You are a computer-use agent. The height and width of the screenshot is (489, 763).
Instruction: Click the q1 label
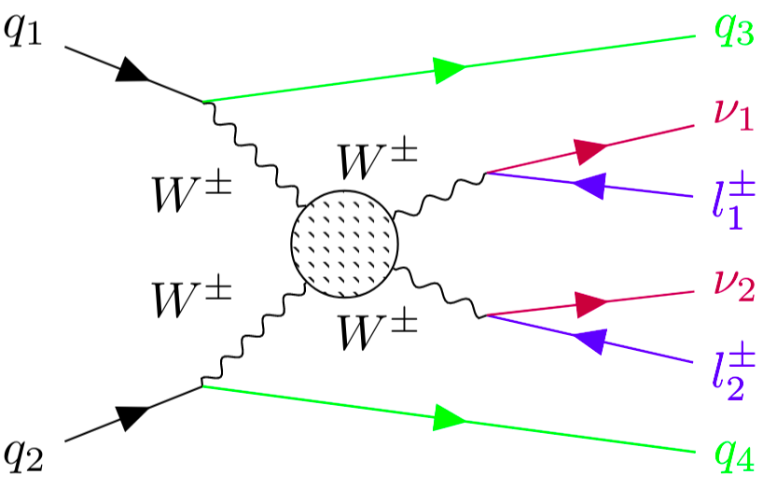tap(27, 38)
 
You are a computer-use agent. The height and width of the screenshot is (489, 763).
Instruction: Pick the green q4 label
tap(734, 454)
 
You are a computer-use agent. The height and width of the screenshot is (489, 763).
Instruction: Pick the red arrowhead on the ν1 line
tap(590, 149)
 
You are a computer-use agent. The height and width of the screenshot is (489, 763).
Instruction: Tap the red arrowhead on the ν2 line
tap(590, 302)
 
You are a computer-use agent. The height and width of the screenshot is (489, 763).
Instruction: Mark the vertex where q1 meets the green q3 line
tap(203, 101)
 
